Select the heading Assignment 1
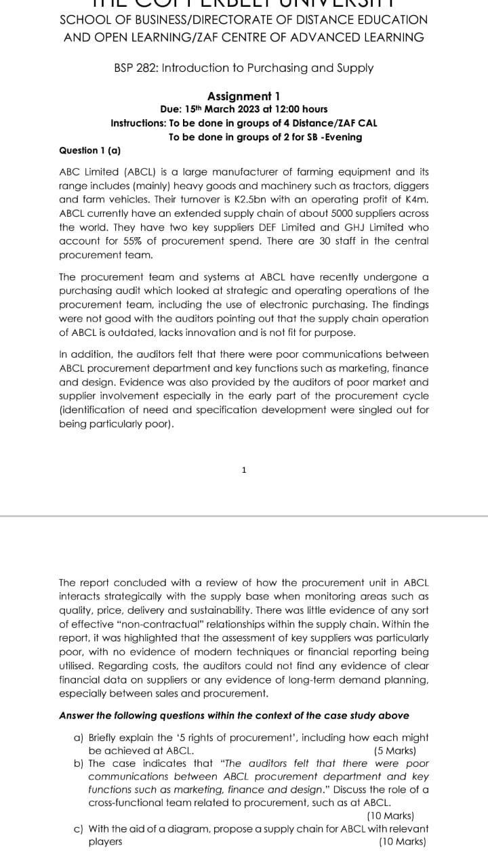pyautogui.click(x=243, y=96)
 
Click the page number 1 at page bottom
pyautogui.click(x=243, y=469)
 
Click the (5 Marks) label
pyautogui.click(x=394, y=750)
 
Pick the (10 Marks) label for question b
pyautogui.click(x=390, y=816)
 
